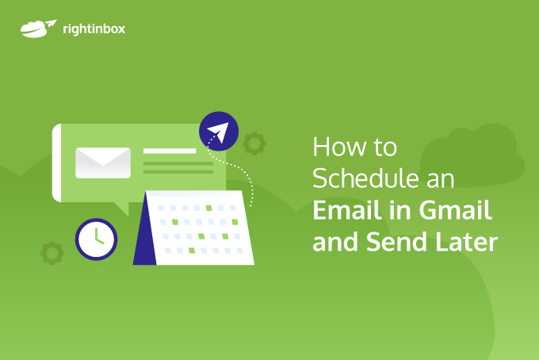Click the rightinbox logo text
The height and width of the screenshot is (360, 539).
click(x=94, y=29)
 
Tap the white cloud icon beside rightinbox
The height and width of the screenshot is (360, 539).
click(x=38, y=29)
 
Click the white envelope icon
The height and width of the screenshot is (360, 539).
click(x=103, y=163)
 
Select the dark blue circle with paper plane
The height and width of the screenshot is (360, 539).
click(x=219, y=132)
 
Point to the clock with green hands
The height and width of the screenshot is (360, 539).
click(x=96, y=239)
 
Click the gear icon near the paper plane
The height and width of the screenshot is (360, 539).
click(x=254, y=143)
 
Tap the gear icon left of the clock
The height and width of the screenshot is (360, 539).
click(x=52, y=253)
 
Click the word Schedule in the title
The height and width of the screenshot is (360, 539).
click(x=365, y=178)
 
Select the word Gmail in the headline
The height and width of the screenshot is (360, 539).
click(x=456, y=210)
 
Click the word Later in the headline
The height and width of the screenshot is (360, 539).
click(x=466, y=242)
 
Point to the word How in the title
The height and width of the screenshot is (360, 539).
click(x=340, y=147)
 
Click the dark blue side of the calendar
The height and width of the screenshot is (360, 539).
click(x=145, y=229)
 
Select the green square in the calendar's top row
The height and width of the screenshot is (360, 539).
click(x=208, y=208)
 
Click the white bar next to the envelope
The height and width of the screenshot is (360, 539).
click(x=170, y=151)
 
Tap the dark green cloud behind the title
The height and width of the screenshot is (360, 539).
click(x=472, y=155)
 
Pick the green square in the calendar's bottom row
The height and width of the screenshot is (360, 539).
click(x=192, y=251)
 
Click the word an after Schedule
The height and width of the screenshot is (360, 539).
click(x=441, y=180)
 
